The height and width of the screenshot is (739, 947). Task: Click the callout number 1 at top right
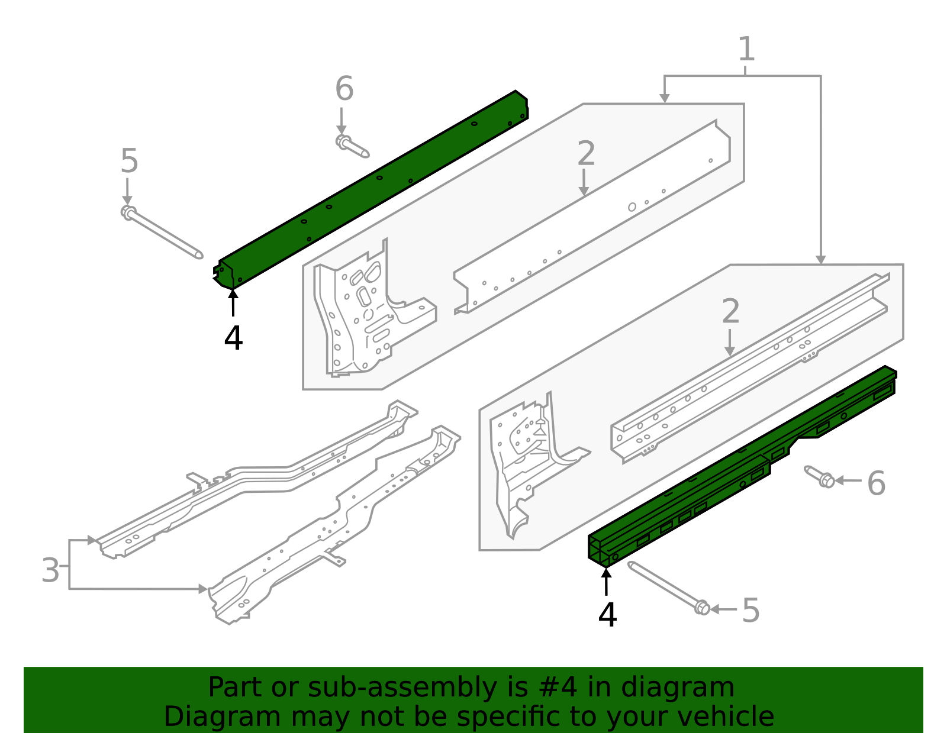[746, 49]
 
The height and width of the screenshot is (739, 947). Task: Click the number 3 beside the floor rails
[51, 570]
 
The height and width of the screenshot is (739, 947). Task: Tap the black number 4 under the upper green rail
[233, 338]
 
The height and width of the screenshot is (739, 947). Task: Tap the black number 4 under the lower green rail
[607, 615]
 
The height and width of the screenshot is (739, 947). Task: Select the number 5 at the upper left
[129, 162]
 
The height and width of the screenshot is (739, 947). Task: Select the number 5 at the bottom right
[750, 611]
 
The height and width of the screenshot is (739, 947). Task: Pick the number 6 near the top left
[344, 89]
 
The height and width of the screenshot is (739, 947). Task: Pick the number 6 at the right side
[876, 483]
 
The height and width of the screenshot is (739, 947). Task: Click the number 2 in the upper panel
[585, 154]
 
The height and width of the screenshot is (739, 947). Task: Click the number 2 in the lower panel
[731, 312]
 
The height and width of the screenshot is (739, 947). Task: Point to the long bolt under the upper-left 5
[163, 232]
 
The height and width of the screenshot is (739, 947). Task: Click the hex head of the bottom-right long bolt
[702, 608]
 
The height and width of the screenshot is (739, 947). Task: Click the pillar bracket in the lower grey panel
[524, 462]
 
